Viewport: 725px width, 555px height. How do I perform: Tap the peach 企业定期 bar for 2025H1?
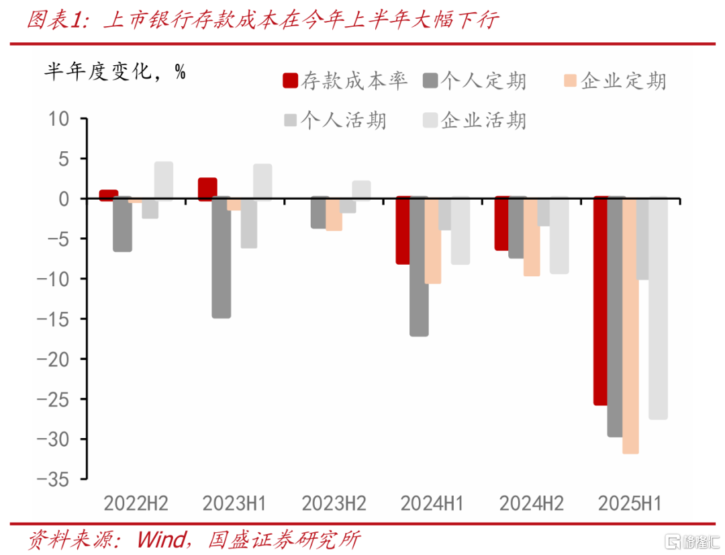coord(630,326)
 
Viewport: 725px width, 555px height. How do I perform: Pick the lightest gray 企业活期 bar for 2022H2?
coord(163,181)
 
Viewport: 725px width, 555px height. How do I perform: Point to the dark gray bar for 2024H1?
coord(419,267)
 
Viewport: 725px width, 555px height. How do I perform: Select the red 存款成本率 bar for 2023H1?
coord(207,189)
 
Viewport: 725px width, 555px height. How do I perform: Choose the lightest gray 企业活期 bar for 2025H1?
coord(659,308)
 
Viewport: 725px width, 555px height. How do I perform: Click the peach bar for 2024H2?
coord(532,237)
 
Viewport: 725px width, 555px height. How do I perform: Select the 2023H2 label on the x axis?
coord(334,503)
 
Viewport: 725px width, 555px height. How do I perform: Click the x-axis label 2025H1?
coord(630,503)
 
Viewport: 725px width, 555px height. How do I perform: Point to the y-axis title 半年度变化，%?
coord(115,71)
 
